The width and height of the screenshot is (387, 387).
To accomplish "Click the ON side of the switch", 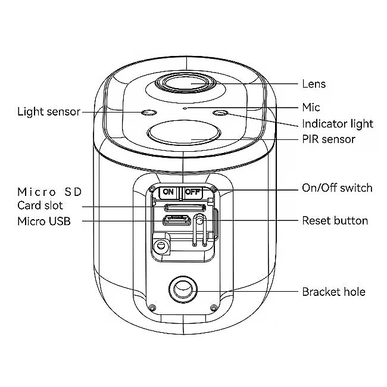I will click(x=168, y=192).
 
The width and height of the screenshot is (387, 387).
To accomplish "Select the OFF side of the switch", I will click(x=192, y=192).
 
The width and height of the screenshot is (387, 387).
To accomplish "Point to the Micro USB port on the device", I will click(x=177, y=221).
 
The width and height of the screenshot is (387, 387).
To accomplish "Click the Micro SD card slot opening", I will click(x=185, y=208).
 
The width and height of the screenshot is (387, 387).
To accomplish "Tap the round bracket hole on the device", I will click(x=183, y=290).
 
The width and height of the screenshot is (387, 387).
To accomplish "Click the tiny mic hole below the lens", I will click(x=185, y=108).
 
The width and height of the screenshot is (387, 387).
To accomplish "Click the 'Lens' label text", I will click(x=314, y=84).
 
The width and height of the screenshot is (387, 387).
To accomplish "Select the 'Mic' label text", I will click(x=311, y=107).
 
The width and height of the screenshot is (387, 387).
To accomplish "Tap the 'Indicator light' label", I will click(x=337, y=124).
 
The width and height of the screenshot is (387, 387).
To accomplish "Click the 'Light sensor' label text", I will click(x=49, y=111).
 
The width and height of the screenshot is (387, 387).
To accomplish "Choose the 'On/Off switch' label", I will click(x=337, y=188).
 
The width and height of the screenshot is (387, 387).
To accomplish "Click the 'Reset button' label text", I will click(x=335, y=221).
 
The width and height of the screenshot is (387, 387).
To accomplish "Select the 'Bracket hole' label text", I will click(x=333, y=292).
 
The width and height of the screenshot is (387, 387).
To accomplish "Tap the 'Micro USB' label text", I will click(x=43, y=221).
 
